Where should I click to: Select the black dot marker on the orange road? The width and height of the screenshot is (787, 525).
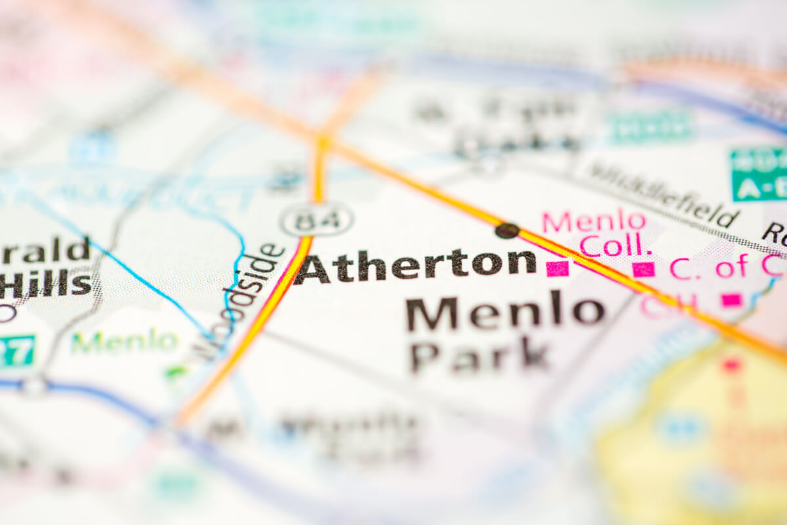click(x=506, y=230)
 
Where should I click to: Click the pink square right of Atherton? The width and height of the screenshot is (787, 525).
click(x=557, y=268)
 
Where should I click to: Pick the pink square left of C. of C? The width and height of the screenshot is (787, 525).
click(x=643, y=269)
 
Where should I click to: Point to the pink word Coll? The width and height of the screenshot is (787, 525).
click(x=616, y=246)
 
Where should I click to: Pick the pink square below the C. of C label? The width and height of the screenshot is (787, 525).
click(x=731, y=300)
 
